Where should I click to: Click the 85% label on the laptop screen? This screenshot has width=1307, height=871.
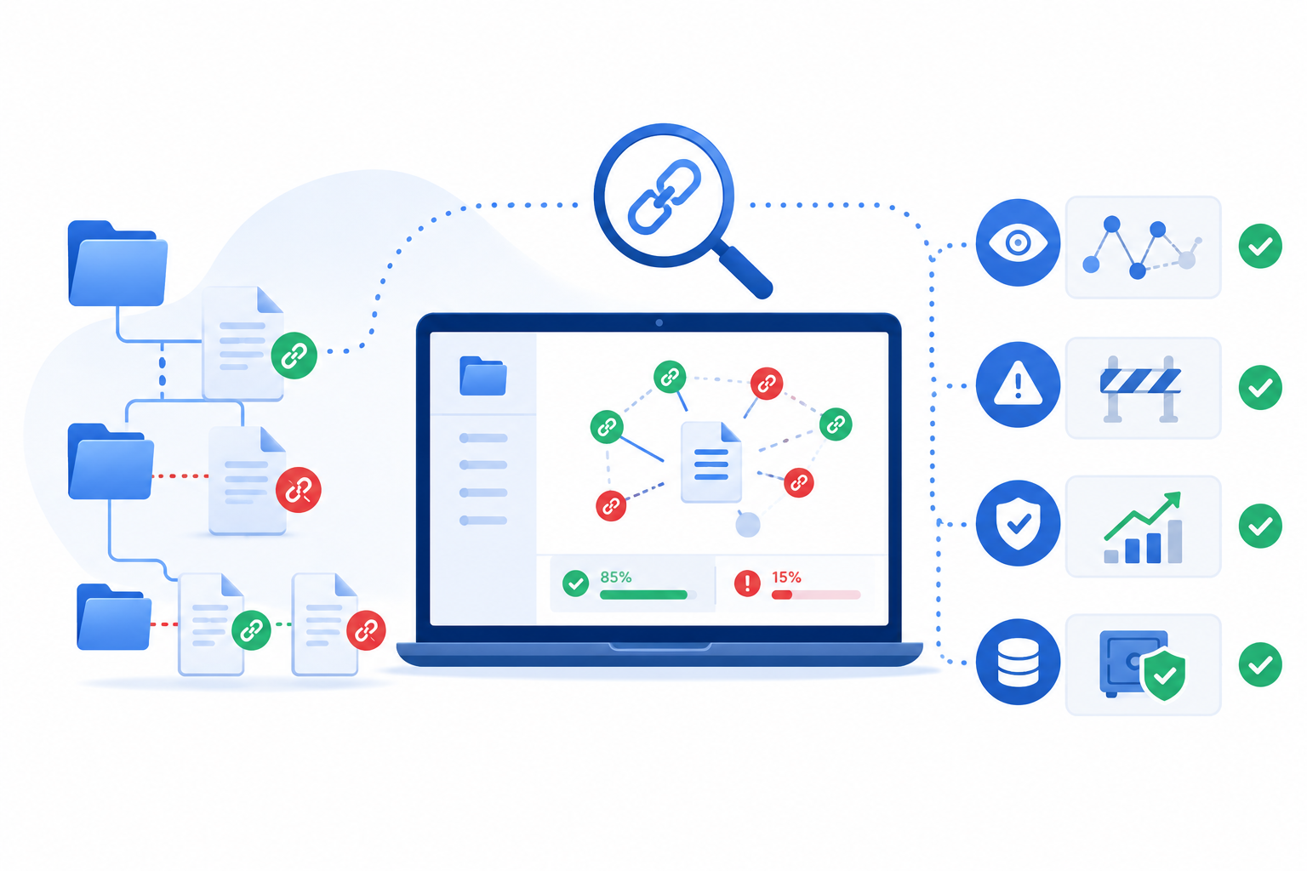[x=615, y=577]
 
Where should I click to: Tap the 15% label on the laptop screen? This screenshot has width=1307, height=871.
[x=786, y=578]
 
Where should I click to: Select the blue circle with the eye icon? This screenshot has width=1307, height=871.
[x=1018, y=242]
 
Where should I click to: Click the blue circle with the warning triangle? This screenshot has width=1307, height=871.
[x=1018, y=384]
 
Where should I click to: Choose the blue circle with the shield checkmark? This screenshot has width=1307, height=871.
[x=1018, y=523]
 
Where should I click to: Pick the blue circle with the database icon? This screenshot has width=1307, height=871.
[x=1018, y=662]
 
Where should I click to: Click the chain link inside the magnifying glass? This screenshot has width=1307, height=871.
[x=664, y=197]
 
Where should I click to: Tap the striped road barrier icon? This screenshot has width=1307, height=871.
[x=1141, y=388]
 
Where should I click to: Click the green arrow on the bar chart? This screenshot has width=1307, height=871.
[x=1143, y=515]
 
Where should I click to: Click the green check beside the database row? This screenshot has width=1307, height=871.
[x=1260, y=664]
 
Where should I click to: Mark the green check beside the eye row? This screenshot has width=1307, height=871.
[x=1260, y=246]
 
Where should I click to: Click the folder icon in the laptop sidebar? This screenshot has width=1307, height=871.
[x=482, y=376]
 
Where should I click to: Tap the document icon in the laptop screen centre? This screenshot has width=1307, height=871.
[x=711, y=462]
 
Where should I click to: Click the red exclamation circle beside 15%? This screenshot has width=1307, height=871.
[x=747, y=583]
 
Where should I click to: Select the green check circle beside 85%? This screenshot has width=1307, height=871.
[x=575, y=583]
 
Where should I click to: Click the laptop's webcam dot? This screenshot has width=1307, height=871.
[x=659, y=322]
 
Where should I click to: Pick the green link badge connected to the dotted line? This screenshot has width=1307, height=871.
[x=294, y=356]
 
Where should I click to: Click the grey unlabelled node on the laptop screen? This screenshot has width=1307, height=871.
[x=747, y=525]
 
